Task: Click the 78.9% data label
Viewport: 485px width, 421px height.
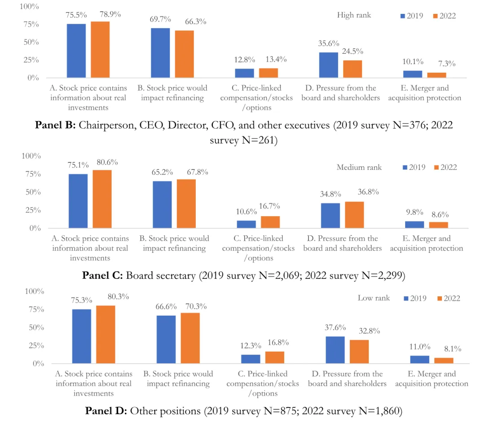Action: point(110,14)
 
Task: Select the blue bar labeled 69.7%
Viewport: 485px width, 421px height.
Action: point(160,53)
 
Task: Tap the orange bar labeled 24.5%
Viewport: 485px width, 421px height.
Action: point(353,69)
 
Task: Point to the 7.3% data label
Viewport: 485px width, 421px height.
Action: point(447,64)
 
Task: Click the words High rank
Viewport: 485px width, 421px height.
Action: point(354,15)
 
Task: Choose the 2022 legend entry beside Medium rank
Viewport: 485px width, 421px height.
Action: point(445,167)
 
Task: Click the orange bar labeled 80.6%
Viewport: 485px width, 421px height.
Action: point(102,199)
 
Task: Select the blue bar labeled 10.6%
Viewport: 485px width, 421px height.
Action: point(246,224)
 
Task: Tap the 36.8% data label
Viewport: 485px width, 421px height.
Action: point(368,192)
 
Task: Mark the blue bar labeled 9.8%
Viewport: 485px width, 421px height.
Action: point(414,225)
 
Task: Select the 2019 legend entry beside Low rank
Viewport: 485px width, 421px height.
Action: point(415,298)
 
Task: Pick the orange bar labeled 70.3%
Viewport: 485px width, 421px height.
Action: point(190,338)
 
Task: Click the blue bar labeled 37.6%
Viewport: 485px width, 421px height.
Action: point(335,350)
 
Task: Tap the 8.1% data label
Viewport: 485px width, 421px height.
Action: point(453,349)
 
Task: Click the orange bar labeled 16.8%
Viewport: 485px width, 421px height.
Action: point(274,357)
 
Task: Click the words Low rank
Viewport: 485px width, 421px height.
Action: point(374,298)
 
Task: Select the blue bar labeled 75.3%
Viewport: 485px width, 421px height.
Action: point(81,336)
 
